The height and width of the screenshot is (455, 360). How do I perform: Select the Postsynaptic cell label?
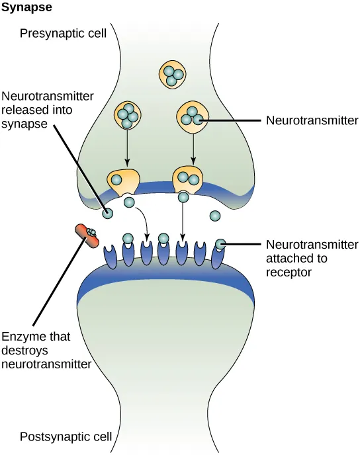point(64,436)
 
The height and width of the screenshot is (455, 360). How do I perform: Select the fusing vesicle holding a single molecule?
point(124,180)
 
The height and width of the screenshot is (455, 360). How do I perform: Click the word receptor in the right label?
point(287,271)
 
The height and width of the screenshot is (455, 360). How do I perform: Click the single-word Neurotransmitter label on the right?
point(311,120)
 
